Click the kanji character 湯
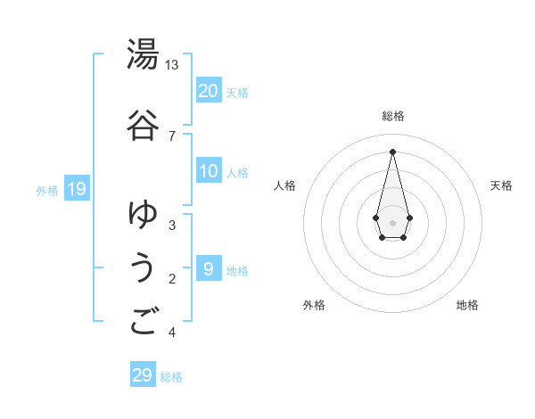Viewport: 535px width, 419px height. point(143,55)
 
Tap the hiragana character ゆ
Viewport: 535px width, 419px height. point(143,214)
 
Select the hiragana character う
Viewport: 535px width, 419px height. point(143,268)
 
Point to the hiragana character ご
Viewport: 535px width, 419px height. point(143,322)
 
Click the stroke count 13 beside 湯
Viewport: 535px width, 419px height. point(172,65)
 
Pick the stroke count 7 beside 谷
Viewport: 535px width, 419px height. point(172,136)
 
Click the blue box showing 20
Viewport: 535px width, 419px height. point(209,91)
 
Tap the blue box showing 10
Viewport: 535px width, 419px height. point(209,171)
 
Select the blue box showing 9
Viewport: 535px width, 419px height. point(209,268)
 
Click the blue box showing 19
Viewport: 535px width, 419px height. point(76,188)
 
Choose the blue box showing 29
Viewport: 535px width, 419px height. point(143,375)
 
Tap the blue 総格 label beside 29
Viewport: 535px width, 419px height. point(171,377)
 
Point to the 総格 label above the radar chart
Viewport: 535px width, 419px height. point(392,116)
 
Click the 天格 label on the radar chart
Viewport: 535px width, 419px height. point(501,185)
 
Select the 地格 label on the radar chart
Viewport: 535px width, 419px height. point(467,305)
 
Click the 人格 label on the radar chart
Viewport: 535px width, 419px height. point(284,185)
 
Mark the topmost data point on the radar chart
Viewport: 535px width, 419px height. point(392,151)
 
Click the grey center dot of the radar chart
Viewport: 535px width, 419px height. point(392,221)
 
